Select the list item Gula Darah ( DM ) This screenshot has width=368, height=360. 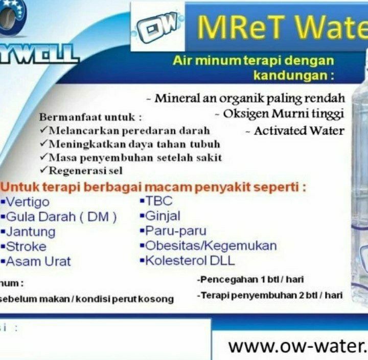coord(61,217)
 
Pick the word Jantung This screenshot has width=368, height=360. coord(30,231)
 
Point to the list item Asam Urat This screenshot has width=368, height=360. coord(38,261)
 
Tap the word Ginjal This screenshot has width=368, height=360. coord(163,215)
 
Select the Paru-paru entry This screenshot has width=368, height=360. coord(175,231)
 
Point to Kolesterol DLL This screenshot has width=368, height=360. coord(190,260)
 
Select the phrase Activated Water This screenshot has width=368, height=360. coord(299,131)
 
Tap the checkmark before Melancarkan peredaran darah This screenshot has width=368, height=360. coord(44,130)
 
